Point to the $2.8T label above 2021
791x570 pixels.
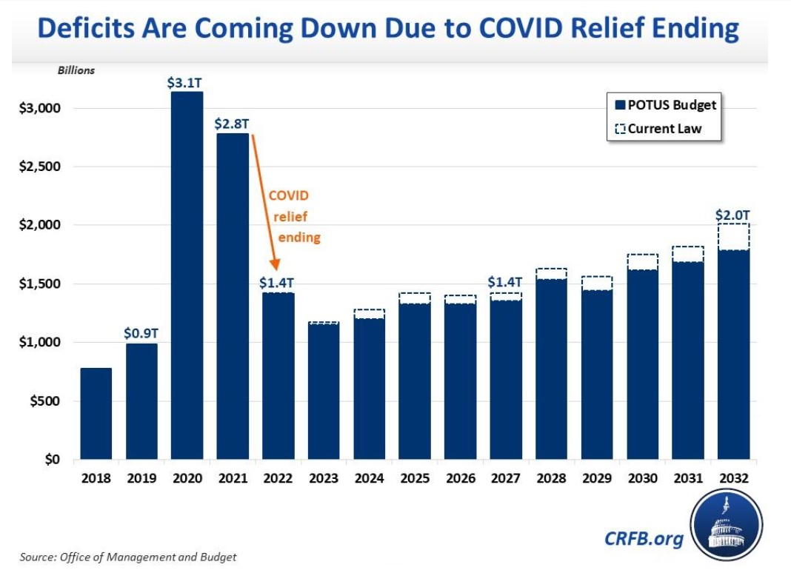click(232, 122)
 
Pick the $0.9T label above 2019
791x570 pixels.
click(141, 332)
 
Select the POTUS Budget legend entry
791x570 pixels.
click(664, 105)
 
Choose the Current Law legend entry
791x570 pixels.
click(658, 129)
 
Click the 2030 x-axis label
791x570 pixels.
click(643, 479)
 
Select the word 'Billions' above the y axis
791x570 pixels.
click(76, 71)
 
